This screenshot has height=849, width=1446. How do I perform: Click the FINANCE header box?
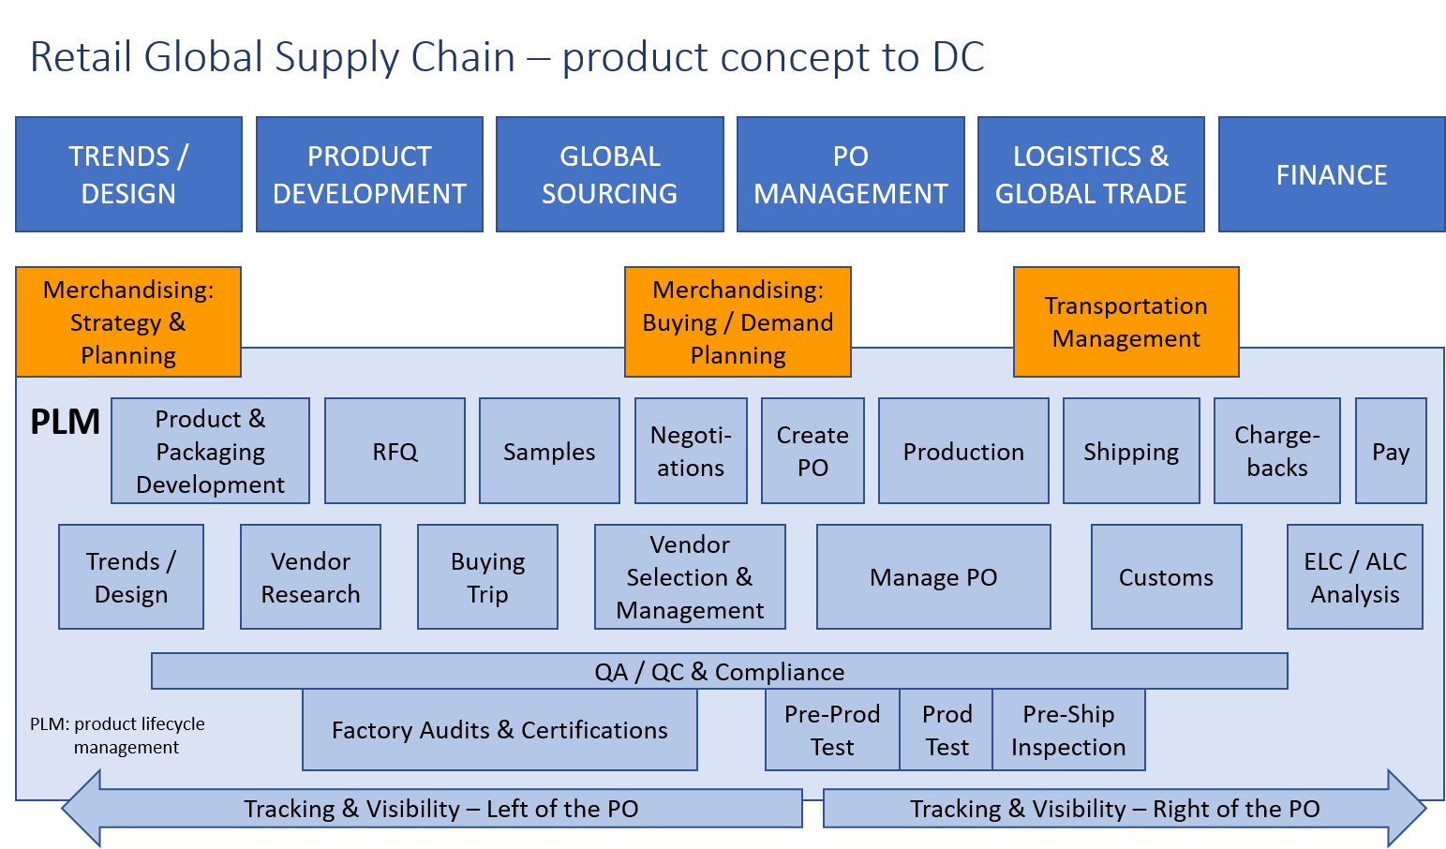point(1331,174)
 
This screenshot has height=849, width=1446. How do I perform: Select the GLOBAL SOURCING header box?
point(609,174)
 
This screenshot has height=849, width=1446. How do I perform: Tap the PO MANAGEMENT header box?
point(850,174)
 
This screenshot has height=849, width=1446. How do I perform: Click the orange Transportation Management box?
point(1125,322)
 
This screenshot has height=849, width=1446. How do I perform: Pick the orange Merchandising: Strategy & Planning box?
point(128,322)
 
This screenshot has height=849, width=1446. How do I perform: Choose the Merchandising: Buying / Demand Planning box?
point(738,322)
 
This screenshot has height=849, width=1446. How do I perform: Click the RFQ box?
point(395,452)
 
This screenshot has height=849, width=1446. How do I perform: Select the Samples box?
point(549,452)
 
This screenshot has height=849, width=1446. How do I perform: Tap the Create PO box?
point(812,452)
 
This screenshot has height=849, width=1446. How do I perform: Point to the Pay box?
point(1391,452)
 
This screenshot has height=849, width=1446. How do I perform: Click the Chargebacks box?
point(1276,452)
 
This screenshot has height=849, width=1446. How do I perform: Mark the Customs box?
point(1166,577)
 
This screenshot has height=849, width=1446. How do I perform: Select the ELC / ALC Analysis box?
point(1354,577)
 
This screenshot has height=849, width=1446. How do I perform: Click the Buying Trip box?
point(487,577)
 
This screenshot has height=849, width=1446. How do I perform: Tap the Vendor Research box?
point(310,577)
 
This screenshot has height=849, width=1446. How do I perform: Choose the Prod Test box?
point(947,730)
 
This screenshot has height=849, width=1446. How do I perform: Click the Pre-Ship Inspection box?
point(1068,730)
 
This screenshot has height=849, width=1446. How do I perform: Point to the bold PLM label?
point(65,423)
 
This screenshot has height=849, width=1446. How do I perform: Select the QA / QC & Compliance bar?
point(719,672)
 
